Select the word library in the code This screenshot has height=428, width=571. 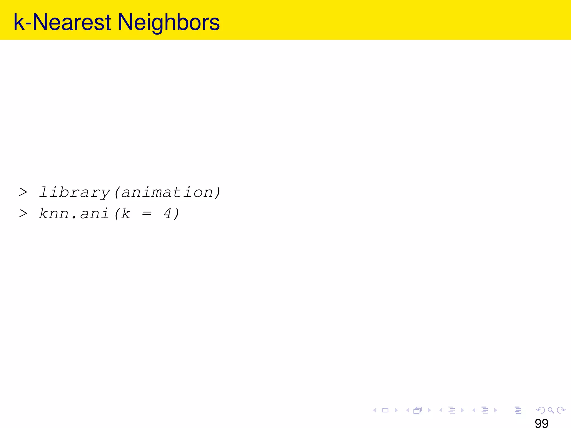tap(74, 193)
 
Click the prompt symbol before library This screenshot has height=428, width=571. tap(23, 192)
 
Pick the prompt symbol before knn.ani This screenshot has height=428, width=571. tap(23, 214)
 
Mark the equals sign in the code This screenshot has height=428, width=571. tap(147, 214)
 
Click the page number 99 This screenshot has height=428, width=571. tap(541, 423)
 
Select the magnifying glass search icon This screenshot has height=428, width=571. tap(551, 410)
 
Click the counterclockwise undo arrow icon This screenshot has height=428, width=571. tap(540, 410)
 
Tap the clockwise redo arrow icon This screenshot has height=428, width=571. tap(561, 410)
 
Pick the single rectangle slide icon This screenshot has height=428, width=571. tap(385, 410)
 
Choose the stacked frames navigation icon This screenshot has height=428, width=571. tap(418, 410)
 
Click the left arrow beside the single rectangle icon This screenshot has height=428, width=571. tap(375, 410)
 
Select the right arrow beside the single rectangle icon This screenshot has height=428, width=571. tap(396, 410)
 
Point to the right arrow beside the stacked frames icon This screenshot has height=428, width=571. tap(429, 410)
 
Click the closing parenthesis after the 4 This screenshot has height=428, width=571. tap(176, 214)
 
